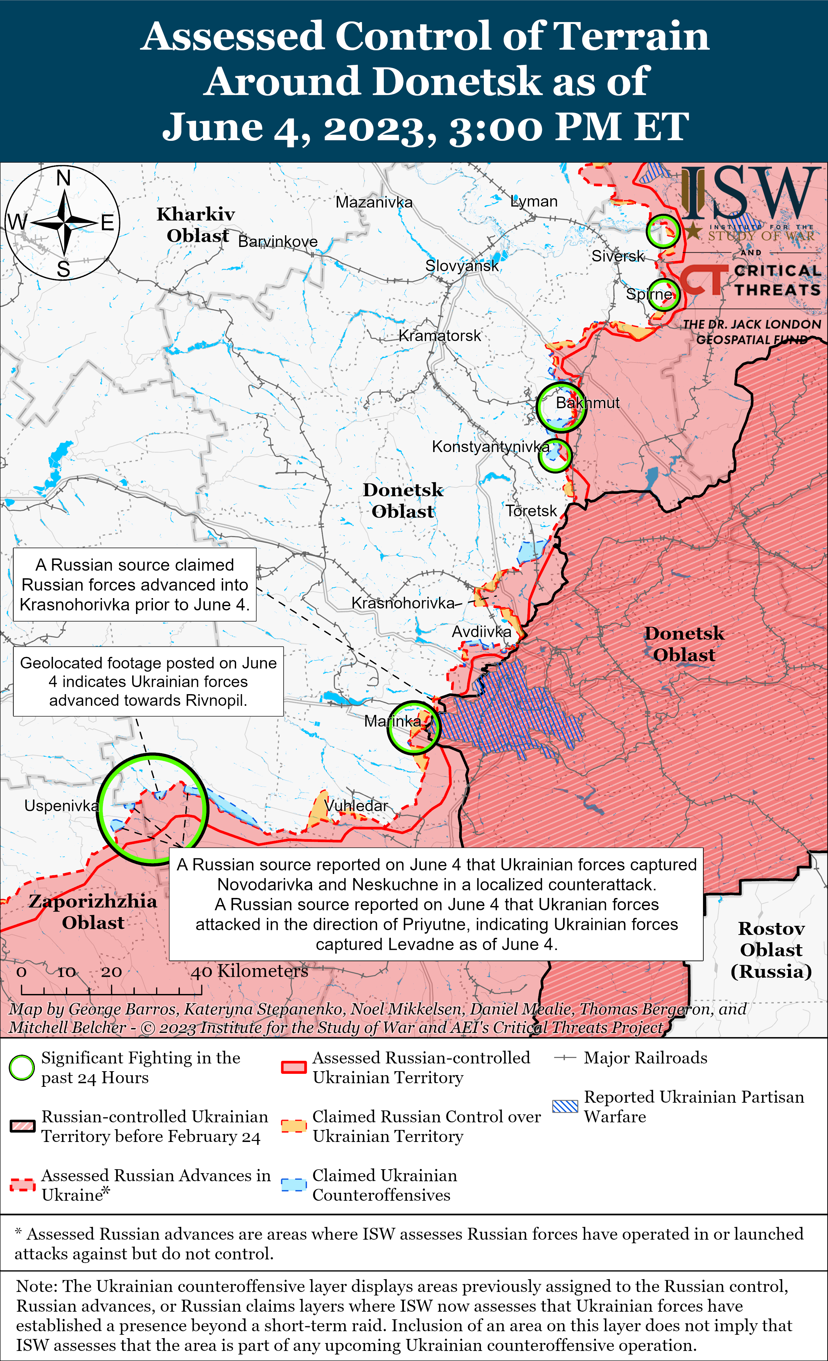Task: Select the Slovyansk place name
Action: (461, 266)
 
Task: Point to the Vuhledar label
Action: (357, 806)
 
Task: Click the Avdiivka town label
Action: (482, 632)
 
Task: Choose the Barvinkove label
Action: (278, 241)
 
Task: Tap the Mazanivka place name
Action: (374, 202)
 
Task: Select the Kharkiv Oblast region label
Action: (196, 225)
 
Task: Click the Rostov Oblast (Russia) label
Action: (771, 950)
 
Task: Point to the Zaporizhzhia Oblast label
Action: (93, 912)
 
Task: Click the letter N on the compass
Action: (64, 178)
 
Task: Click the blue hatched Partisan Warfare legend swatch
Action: (565, 1106)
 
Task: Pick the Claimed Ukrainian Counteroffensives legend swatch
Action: (294, 1185)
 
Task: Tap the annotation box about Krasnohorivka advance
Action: (135, 584)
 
